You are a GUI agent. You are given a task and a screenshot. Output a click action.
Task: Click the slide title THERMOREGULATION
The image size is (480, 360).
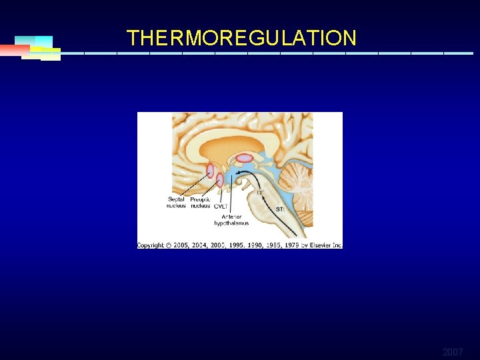click(241, 38)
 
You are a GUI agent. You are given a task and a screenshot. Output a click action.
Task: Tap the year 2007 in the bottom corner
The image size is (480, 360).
click(452, 351)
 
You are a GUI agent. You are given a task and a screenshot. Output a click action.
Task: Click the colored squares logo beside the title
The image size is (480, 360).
click(35, 48)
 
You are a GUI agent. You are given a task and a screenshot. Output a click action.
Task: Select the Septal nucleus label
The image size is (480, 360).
click(177, 202)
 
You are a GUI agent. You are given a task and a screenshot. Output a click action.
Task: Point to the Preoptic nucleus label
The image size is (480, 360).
click(200, 202)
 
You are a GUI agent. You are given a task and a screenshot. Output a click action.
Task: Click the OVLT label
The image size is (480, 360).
click(220, 207)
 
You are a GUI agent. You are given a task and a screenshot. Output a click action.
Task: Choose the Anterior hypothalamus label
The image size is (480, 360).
click(231, 219)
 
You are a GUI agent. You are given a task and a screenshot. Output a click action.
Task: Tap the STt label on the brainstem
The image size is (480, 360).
click(281, 209)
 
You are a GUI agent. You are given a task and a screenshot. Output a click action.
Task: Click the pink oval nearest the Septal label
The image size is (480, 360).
click(210, 171)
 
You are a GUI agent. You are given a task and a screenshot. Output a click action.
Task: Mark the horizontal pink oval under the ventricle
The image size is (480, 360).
click(245, 158)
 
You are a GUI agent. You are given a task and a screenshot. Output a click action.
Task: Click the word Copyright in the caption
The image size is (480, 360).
click(151, 245)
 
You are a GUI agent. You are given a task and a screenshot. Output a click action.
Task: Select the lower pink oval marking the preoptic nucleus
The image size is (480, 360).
click(219, 179)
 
